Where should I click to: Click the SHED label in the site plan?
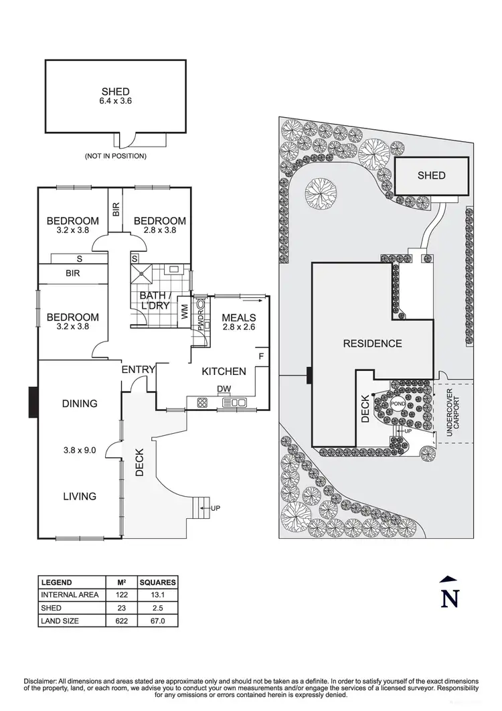click(431, 175)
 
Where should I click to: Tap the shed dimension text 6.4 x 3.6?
click(116, 102)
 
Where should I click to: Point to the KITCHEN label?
click(224, 371)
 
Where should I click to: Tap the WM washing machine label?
click(185, 312)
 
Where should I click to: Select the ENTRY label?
click(138, 370)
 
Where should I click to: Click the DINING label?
click(80, 404)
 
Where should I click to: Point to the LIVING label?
click(80, 496)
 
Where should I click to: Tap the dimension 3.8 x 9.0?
click(80, 450)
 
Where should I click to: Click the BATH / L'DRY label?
click(155, 301)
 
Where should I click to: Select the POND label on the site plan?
click(398, 404)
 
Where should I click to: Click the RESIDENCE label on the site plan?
click(373, 343)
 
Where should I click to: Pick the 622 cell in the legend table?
click(122, 621)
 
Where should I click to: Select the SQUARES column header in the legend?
click(158, 582)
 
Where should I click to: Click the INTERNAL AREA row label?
click(70, 595)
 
